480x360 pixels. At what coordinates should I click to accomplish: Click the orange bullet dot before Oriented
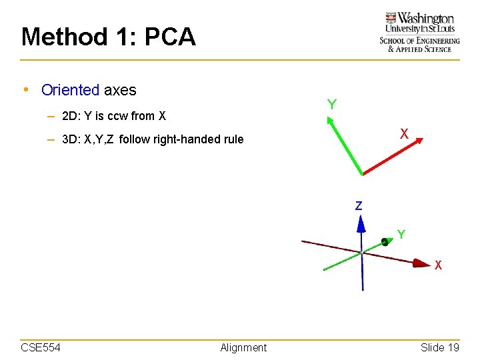click(x=25, y=90)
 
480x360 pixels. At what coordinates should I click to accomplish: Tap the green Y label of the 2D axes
click(x=331, y=105)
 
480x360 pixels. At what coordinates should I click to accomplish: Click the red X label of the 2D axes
click(x=404, y=133)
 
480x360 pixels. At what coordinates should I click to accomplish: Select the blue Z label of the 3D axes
click(x=359, y=206)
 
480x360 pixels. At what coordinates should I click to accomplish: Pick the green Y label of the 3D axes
click(x=401, y=234)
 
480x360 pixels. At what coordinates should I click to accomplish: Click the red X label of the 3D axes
click(x=438, y=265)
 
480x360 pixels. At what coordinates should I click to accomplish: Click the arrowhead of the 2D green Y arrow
click(x=329, y=121)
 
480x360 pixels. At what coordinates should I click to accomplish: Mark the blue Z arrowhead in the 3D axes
click(x=361, y=223)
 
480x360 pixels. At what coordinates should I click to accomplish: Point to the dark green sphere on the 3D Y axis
click(x=385, y=243)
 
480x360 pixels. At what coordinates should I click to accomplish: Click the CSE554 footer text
click(x=41, y=347)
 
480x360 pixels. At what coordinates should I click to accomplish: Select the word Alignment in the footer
click(x=243, y=347)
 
